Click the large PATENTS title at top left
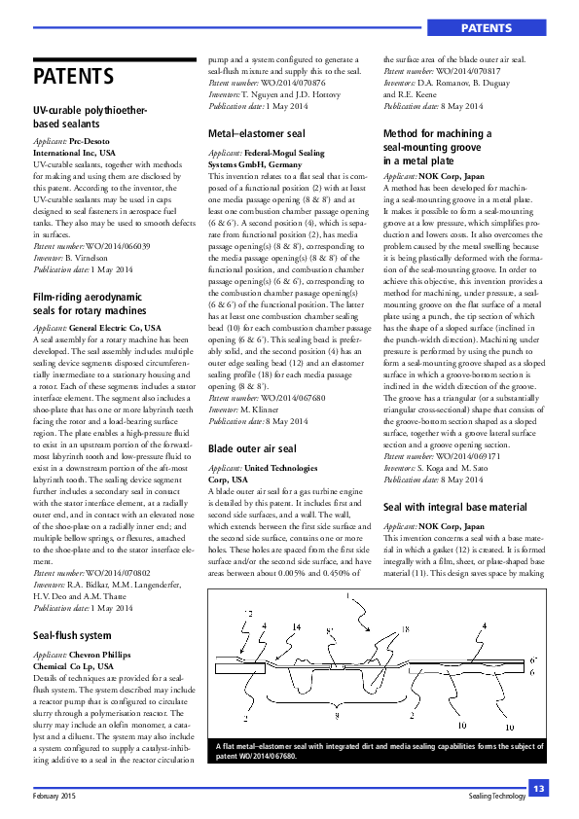[74, 76]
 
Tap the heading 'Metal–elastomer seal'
[257, 132]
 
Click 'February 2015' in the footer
[54, 796]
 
